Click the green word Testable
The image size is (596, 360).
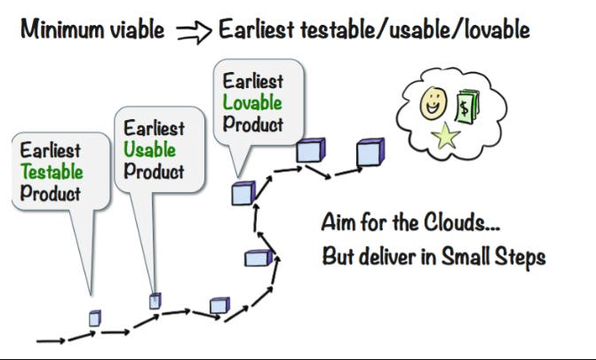pos(52,172)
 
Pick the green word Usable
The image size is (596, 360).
pos(149,150)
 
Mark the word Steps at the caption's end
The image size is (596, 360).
pos(522,257)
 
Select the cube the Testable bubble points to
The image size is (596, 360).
pos(94,317)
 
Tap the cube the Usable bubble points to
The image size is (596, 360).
pos(155,300)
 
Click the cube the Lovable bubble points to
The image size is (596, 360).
pos(242,193)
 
